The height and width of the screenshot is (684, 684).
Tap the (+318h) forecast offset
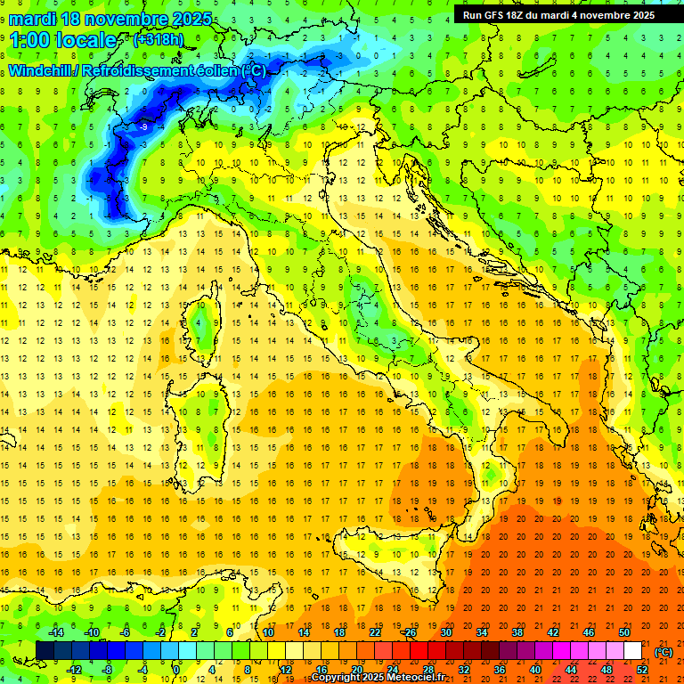click(158, 39)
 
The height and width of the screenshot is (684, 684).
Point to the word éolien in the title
click(219, 70)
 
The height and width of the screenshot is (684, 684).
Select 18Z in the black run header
click(522, 15)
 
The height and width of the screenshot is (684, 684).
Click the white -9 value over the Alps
click(143, 127)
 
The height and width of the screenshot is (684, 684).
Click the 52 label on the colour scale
click(642, 669)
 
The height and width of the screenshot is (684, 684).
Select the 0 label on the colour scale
click(177, 669)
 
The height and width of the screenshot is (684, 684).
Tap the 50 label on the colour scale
click(623, 631)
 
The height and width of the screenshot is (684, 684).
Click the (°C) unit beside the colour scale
click(664, 651)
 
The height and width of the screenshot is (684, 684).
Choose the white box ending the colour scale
click(632, 650)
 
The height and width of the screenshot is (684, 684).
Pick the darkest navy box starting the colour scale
click(45, 650)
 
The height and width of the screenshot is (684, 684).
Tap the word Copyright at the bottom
click(336, 678)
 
